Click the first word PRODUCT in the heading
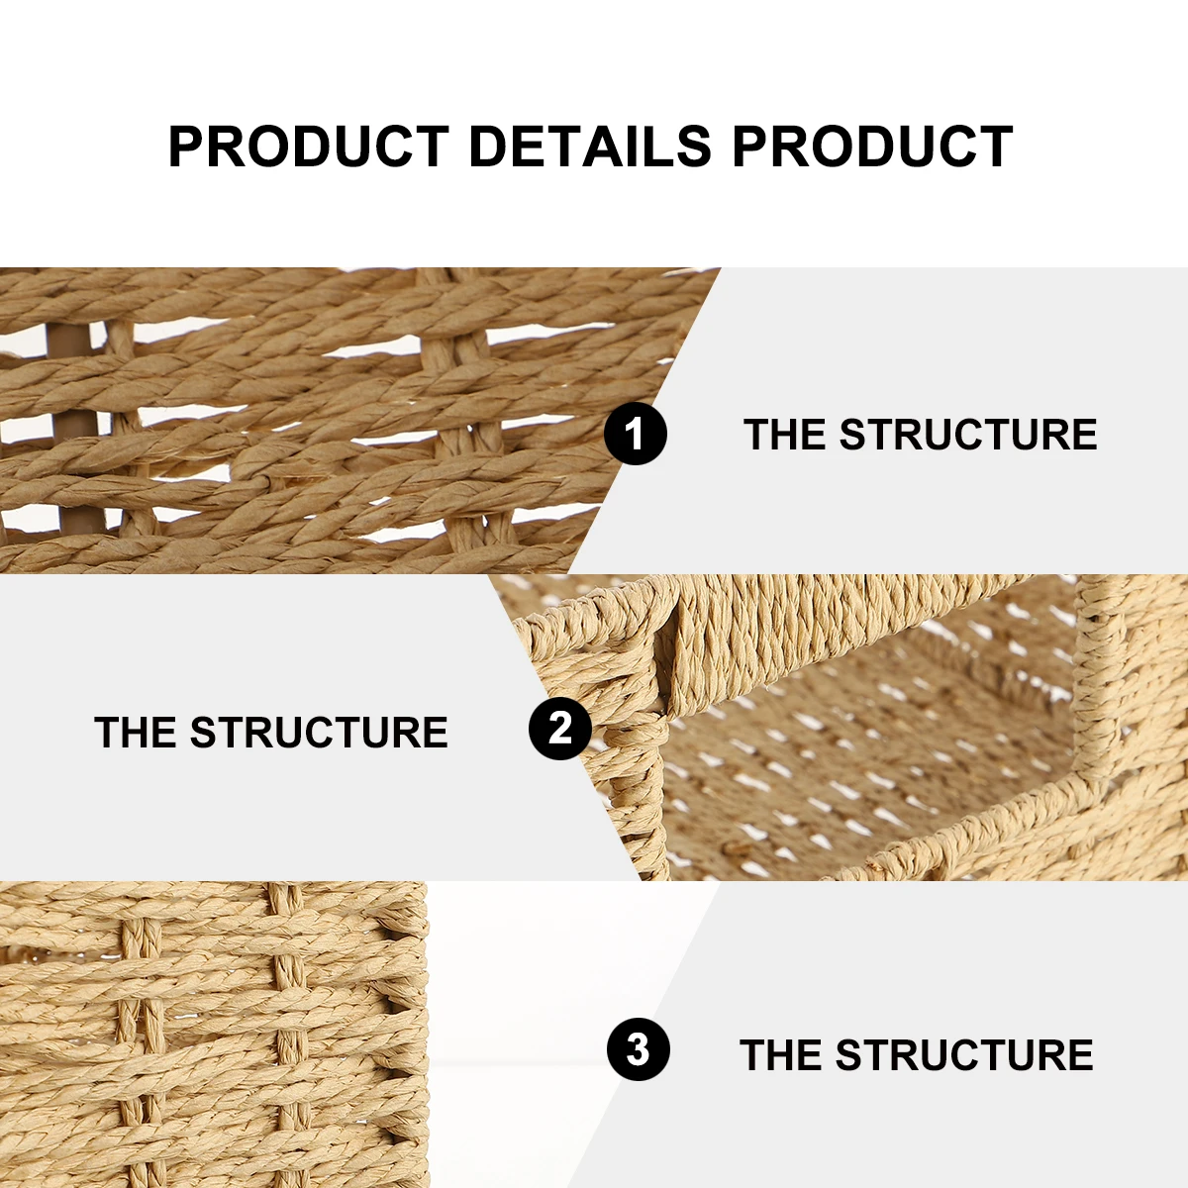tap(308, 147)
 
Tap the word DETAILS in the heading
tap(590, 147)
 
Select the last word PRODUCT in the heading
tap(872, 147)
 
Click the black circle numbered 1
tap(636, 434)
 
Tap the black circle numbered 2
tap(560, 729)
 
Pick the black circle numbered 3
tap(639, 1049)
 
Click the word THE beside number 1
tap(785, 435)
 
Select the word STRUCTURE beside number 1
tap(968, 435)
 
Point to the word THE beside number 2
tap(136, 733)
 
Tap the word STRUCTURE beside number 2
tap(319, 733)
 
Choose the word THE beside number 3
tap(781, 1055)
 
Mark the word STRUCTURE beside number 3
tap(964, 1055)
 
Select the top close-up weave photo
tap(297, 421)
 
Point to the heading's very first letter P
tap(185, 147)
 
